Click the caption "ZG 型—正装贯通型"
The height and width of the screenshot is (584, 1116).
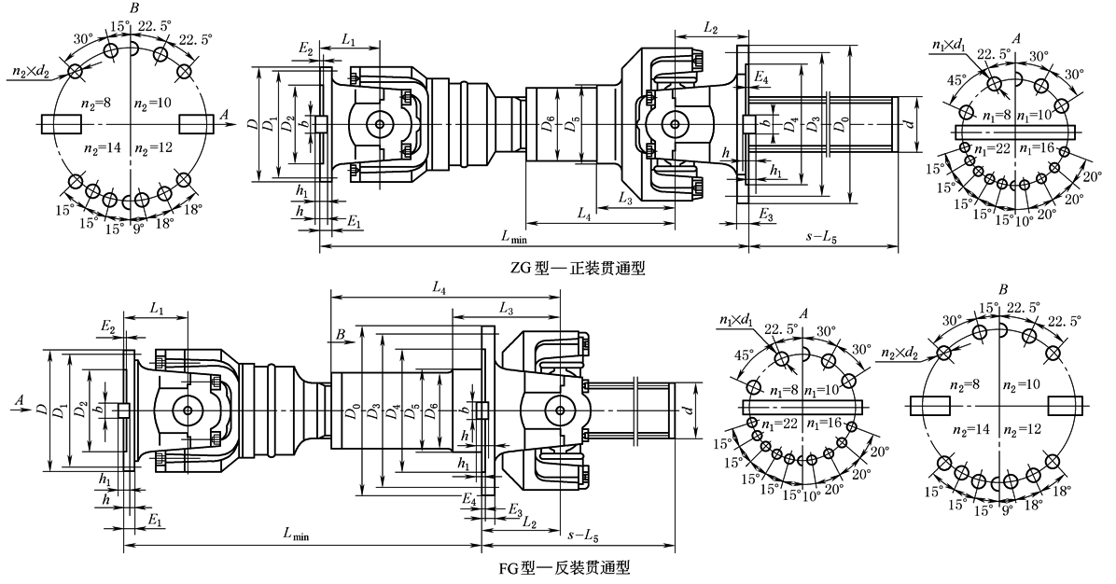point(578,268)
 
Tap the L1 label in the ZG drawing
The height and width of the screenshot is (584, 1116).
point(348,40)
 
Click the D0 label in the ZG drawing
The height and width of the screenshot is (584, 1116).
point(844,124)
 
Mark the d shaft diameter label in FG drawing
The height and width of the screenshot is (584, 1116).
point(688,409)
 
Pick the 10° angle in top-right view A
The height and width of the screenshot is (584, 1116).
point(1023,219)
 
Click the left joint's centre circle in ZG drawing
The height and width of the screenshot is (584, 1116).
point(379,124)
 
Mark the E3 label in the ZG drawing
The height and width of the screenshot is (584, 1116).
point(765,216)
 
